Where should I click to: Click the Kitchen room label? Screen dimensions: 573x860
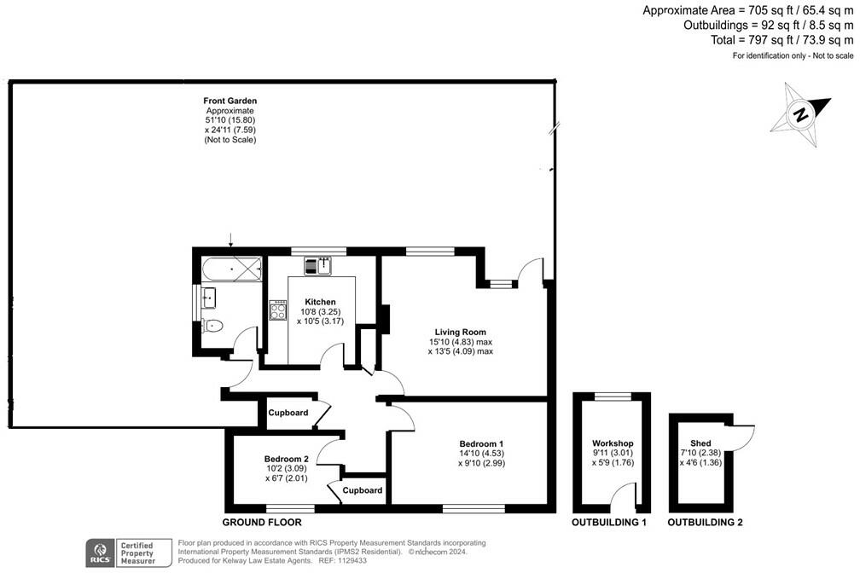[320, 302]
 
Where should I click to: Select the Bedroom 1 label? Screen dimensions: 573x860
[481, 443]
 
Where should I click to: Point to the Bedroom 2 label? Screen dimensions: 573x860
[286, 458]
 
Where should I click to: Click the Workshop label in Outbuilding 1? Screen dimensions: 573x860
[613, 443]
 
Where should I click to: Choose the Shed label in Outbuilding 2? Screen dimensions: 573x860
[700, 443]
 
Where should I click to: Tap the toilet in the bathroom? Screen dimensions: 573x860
[212, 325]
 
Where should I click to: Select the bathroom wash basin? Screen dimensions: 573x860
[207, 298]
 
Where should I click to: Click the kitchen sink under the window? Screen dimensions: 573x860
[317, 265]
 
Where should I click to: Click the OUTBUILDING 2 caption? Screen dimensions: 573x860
[705, 522]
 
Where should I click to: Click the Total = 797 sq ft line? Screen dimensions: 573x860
[782, 39]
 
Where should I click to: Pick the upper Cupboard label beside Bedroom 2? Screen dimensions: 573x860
[288, 413]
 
